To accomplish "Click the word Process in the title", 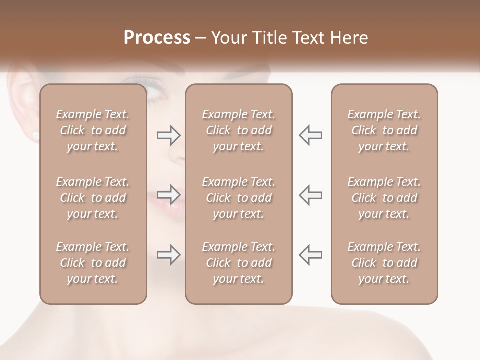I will [157, 38].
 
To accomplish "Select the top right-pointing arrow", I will [168, 135].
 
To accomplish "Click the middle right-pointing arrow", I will [168, 194].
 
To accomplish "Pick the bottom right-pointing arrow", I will [168, 255].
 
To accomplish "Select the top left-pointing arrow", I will [310, 135].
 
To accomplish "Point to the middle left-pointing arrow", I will [310, 194].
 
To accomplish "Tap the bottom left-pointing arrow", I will [310, 255].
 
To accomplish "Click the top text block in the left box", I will [93, 130].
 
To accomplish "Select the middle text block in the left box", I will [93, 198].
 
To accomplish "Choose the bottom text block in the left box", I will [93, 263].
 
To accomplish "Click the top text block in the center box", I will [238, 130].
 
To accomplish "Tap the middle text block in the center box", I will [238, 198].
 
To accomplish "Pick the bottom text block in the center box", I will [238, 263].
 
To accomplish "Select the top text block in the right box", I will [384, 130].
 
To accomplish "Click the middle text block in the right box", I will [384, 198].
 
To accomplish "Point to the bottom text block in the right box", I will [384, 263].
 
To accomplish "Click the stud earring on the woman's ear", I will [35, 135].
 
